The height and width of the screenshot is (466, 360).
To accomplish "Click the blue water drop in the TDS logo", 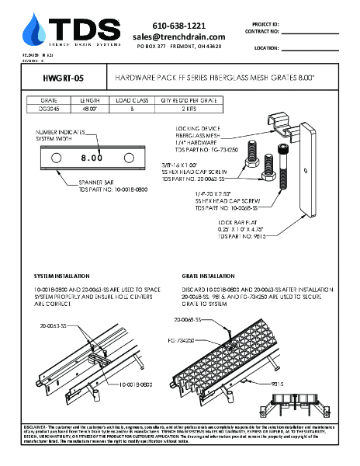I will (35, 30).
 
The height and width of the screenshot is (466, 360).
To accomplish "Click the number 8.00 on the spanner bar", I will (92, 158).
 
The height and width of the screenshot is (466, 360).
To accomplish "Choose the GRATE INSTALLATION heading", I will (209, 276).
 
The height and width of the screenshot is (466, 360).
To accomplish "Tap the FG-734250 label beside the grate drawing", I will (181, 340).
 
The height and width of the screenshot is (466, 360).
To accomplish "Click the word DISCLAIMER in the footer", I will (36, 427).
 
